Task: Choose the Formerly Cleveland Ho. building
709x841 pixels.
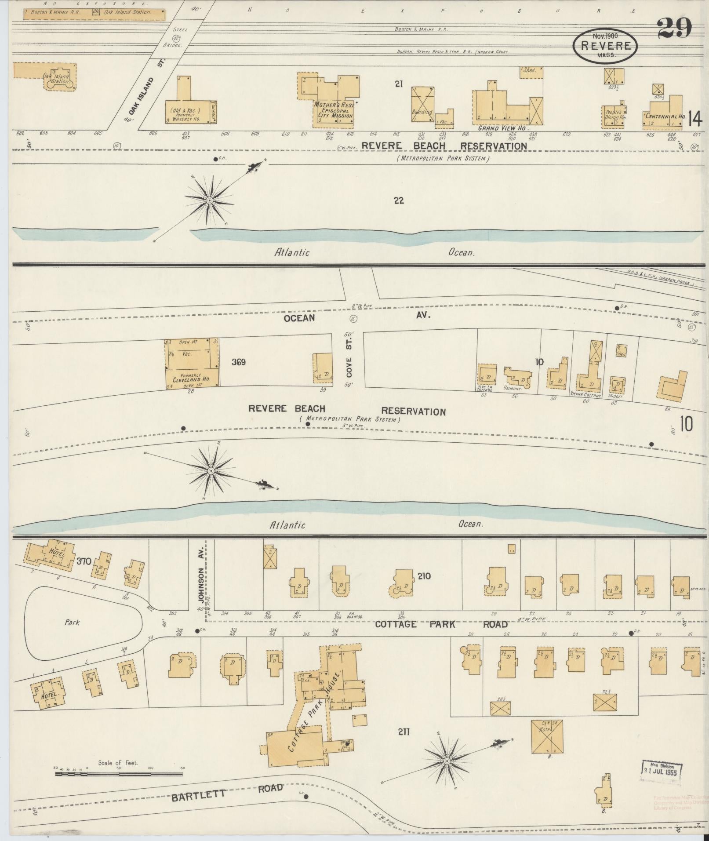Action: (x=192, y=362)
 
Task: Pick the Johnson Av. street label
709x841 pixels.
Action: (x=201, y=576)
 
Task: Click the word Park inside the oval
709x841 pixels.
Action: (x=72, y=623)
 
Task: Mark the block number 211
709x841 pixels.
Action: (x=404, y=732)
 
